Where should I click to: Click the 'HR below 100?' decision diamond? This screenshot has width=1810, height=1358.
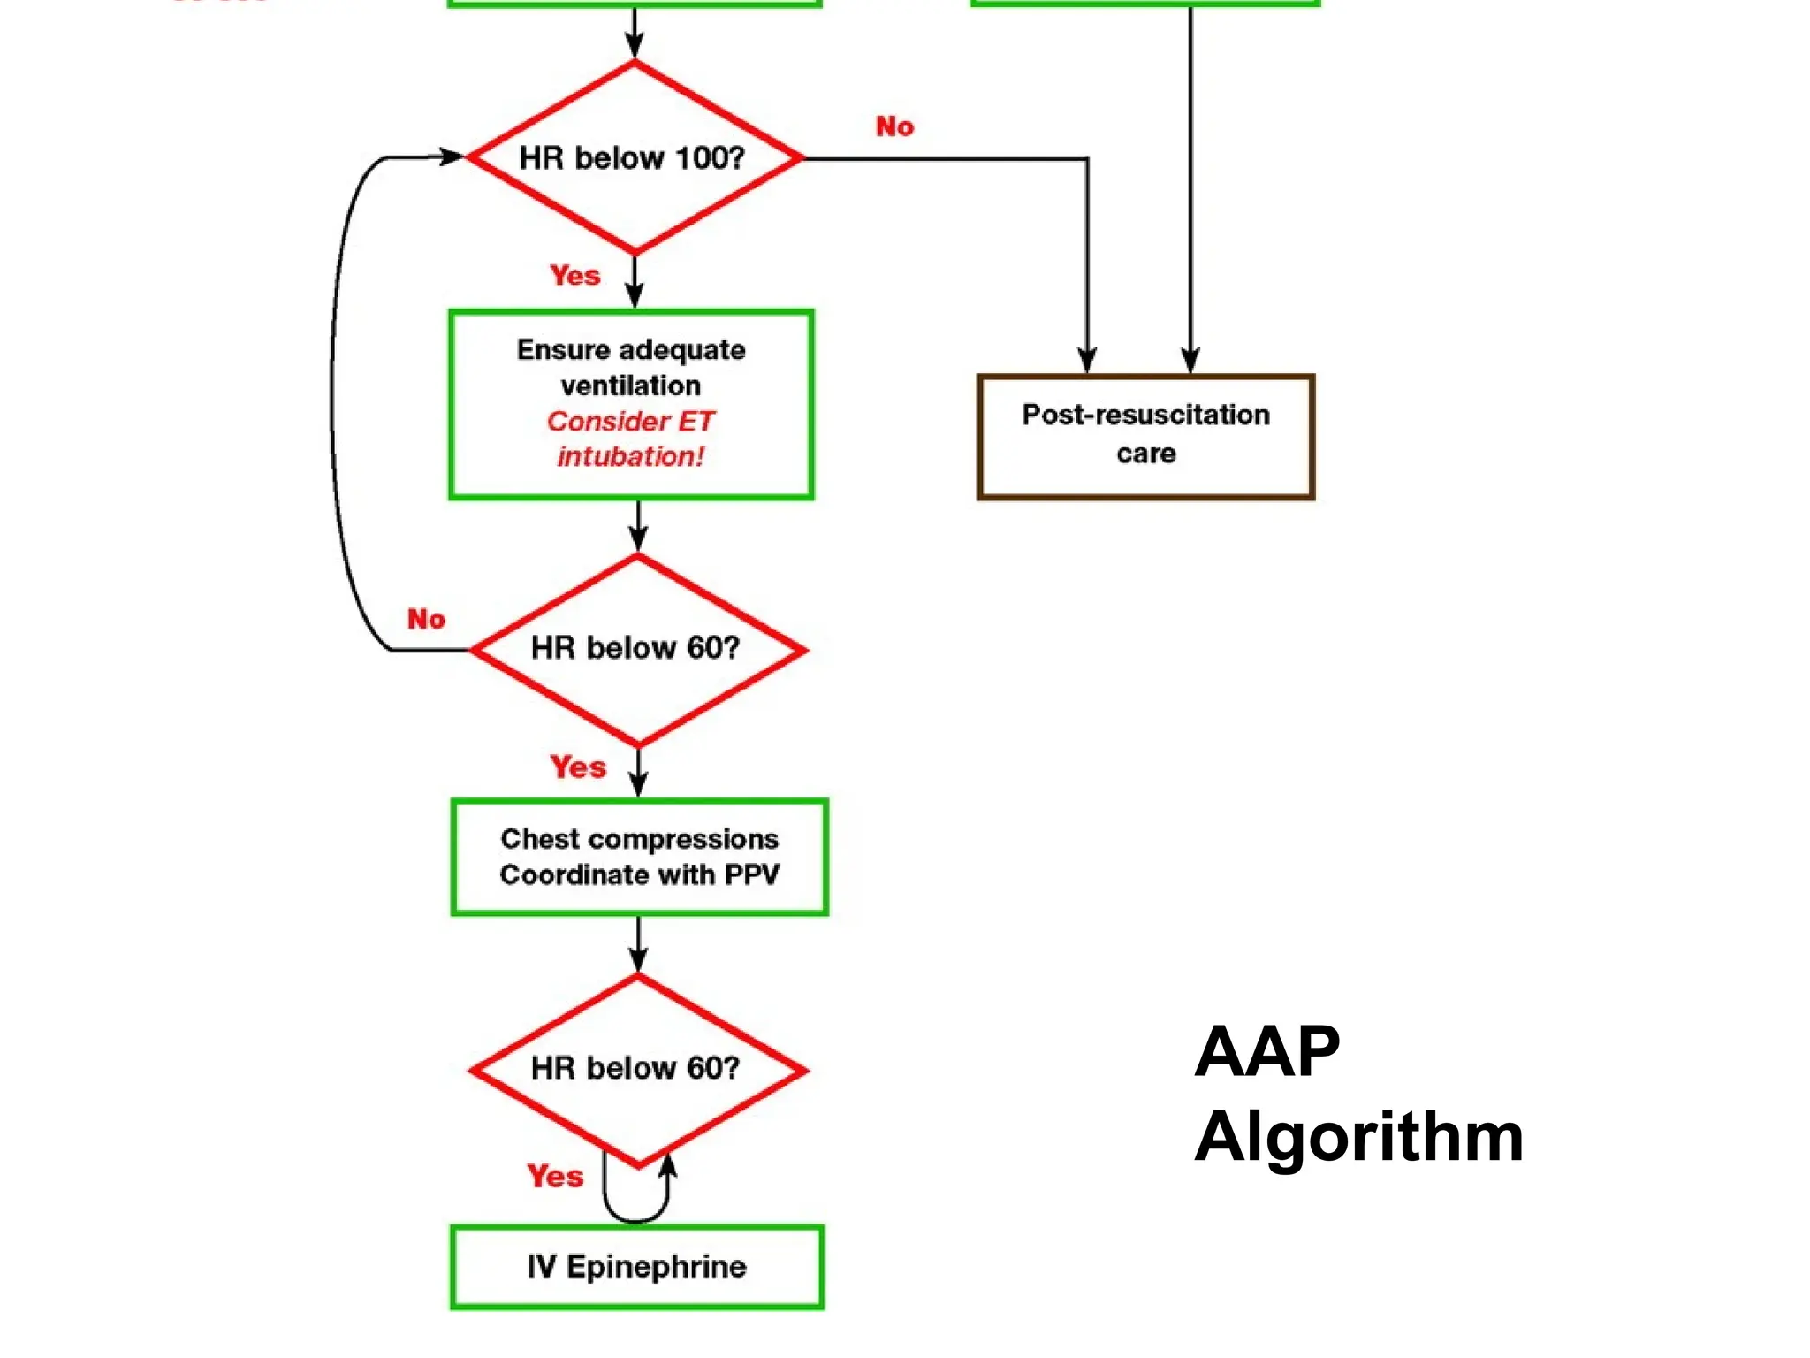coord(634,158)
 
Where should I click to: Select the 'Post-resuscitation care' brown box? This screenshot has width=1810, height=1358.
coord(1145,437)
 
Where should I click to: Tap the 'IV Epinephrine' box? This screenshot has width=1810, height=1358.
coord(636,1266)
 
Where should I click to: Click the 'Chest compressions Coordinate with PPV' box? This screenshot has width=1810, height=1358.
coord(639,857)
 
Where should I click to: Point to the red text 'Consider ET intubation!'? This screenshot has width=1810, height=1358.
coord(630,439)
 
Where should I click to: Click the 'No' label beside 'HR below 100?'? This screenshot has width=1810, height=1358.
coord(894,126)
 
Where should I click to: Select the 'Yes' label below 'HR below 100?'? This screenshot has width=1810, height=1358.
coord(574,275)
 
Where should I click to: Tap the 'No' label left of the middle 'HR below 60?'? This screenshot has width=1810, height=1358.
coord(426,619)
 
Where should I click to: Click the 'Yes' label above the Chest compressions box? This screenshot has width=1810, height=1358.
coord(578,767)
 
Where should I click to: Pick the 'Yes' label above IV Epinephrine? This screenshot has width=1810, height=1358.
coord(555,1176)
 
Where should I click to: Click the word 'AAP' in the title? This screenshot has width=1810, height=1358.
coord(1266,1052)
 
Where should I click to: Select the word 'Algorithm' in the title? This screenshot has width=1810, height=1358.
coord(1358,1137)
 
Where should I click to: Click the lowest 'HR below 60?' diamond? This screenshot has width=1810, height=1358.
coord(636,1069)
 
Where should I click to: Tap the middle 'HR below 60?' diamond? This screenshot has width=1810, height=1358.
coord(636,648)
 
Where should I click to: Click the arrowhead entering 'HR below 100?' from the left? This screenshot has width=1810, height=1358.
coord(452,157)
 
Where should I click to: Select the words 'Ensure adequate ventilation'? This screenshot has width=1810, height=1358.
coord(631,367)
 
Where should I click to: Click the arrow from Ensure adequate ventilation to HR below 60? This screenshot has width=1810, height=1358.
coord(638,525)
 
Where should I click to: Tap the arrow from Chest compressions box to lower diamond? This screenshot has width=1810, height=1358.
coord(638,944)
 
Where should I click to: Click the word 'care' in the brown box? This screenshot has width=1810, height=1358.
coord(1145,454)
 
